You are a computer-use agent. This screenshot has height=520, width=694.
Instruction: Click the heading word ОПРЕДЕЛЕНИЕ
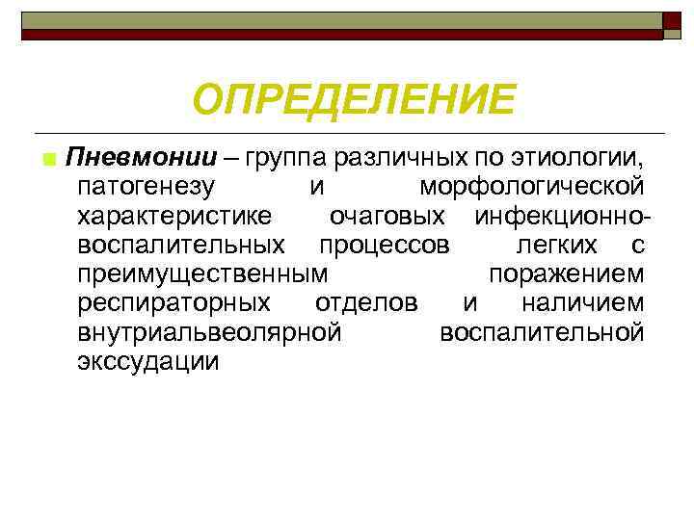pyautogui.click(x=354, y=99)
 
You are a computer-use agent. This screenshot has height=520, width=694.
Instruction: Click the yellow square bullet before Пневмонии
pyautogui.click(x=47, y=157)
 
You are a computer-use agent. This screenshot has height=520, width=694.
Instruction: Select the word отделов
pyautogui.click(x=366, y=303)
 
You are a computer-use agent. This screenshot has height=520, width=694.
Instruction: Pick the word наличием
pyautogui.click(x=582, y=303)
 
